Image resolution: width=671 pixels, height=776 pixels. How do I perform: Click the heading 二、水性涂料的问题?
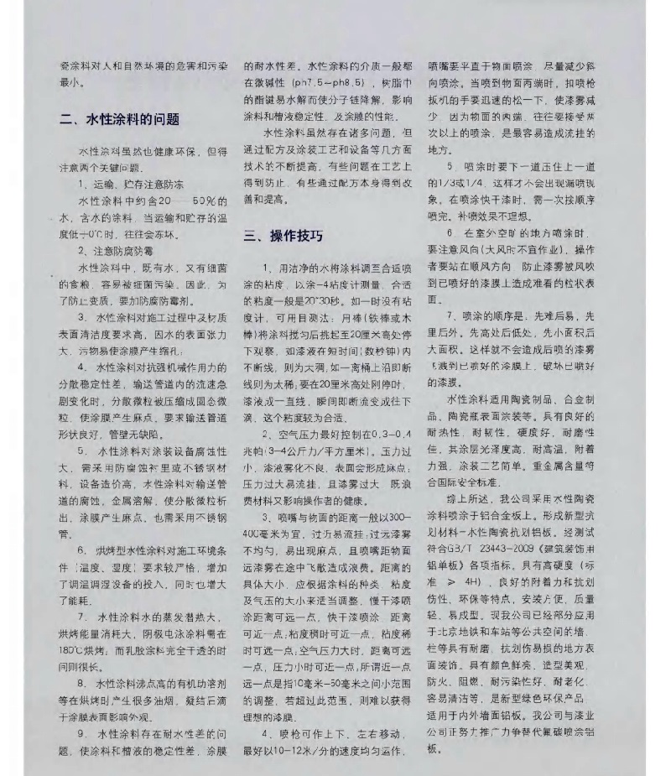pos(119,119)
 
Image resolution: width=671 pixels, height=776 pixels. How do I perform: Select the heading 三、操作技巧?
pos(283,236)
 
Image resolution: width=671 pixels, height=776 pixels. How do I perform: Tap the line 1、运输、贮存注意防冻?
pos(131,182)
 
